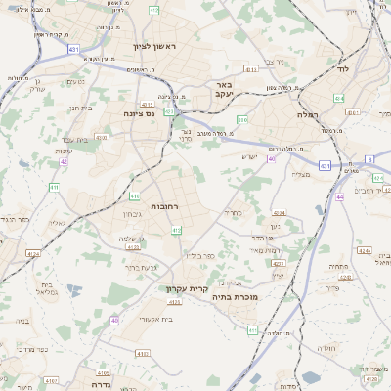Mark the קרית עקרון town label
point(185,288)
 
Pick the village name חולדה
point(326,347)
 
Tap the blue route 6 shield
point(369,158)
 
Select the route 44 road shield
point(339,197)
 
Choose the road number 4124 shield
point(33,254)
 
